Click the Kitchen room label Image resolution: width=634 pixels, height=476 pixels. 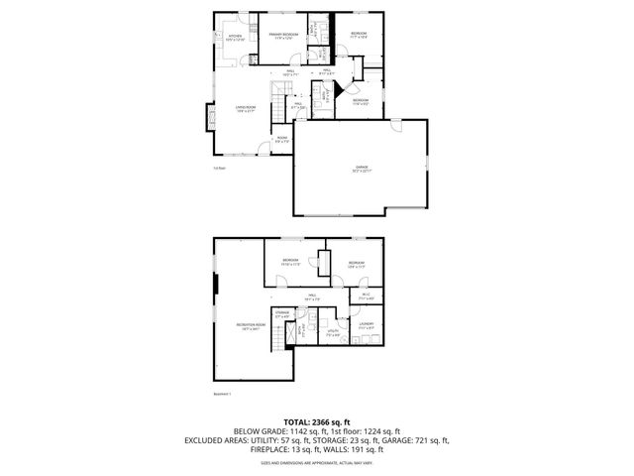[x=236, y=38]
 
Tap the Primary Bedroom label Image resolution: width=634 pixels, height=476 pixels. [x=284, y=36]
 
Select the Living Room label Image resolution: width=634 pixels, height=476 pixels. [x=245, y=109]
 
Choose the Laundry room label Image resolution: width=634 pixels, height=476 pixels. [x=366, y=325]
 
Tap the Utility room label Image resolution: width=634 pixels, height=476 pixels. [x=334, y=334]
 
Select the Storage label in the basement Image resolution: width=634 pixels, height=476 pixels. [x=282, y=316]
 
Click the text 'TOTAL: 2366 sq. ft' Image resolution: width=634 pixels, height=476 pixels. [x=316, y=421]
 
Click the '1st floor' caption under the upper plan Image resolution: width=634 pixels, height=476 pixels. [x=219, y=169]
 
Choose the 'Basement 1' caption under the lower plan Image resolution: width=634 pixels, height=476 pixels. [x=222, y=394]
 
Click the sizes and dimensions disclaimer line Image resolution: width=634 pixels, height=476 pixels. [x=317, y=462]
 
